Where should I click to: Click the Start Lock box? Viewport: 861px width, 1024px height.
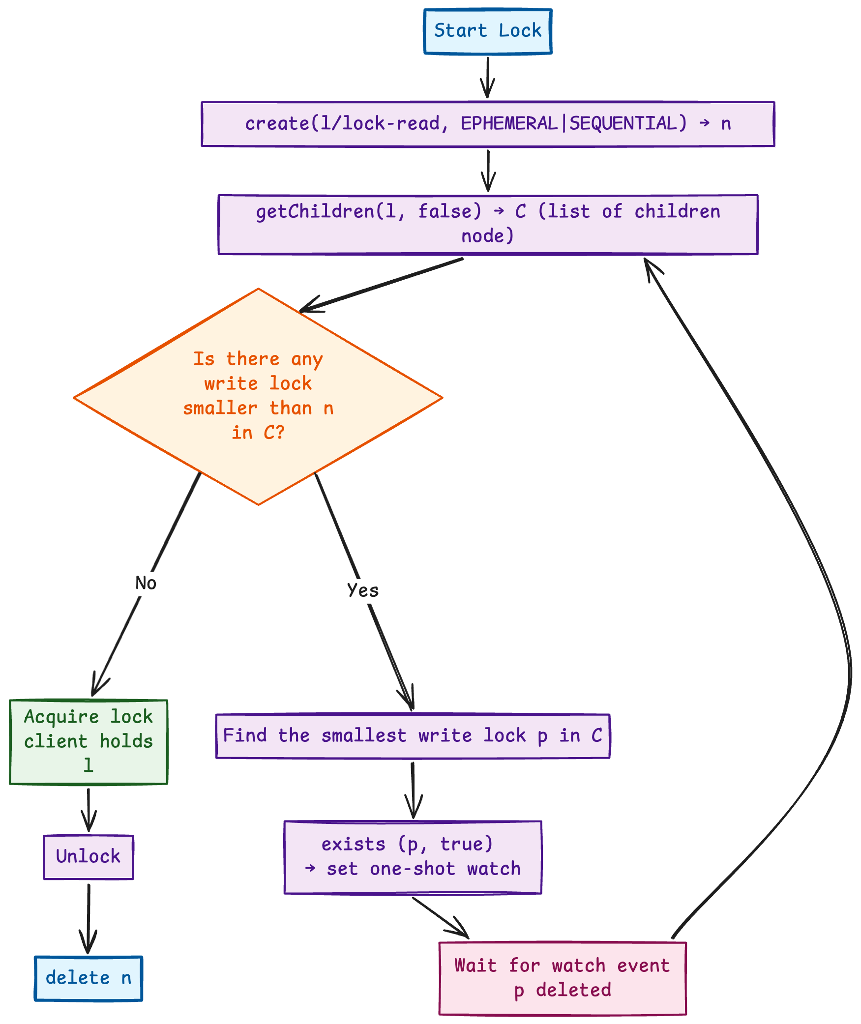click(487, 31)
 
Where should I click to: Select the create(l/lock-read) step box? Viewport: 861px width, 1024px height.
click(487, 124)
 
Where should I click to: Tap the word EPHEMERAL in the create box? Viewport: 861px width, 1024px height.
click(508, 123)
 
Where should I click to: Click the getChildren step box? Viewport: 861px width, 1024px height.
click(487, 224)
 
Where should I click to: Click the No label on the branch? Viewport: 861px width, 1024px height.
click(146, 583)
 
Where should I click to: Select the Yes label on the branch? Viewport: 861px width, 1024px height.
click(363, 590)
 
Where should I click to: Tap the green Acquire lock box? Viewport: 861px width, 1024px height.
click(89, 741)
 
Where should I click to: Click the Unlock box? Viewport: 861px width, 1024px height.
click(89, 856)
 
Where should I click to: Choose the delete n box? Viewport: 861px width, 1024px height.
click(89, 978)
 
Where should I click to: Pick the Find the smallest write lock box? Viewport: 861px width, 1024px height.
click(413, 735)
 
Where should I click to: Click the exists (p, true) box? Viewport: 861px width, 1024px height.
click(413, 856)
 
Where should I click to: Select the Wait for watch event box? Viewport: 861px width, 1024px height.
click(562, 978)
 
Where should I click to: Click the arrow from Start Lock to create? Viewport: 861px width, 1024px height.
click(487, 77)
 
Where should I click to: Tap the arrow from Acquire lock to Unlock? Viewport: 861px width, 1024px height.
click(89, 809)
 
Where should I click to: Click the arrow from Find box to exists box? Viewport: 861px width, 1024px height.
click(413, 789)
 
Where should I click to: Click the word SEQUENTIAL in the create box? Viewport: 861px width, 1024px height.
click(627, 123)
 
